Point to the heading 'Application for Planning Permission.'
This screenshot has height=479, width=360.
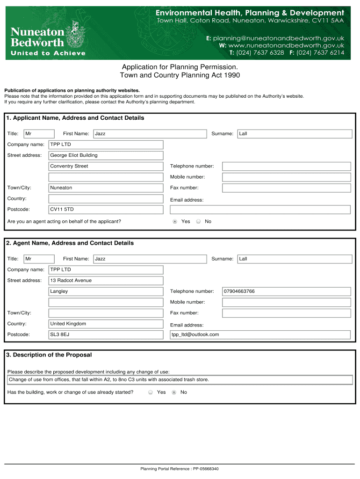pos(180,67)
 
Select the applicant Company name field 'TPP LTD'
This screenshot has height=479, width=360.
pos(106,145)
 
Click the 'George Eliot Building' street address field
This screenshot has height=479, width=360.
pos(106,155)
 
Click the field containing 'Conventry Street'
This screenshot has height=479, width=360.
pos(106,166)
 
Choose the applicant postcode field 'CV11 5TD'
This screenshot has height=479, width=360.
pos(106,210)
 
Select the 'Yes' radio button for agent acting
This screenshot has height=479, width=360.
pos(175,221)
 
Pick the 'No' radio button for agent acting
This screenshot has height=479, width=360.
pos(198,221)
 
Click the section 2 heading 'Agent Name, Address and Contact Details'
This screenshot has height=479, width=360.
pos(70,243)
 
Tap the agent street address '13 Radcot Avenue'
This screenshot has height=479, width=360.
pos(106,281)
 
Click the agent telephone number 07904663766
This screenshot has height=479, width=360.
pos(286,291)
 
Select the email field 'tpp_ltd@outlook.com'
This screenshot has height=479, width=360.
pos(260,334)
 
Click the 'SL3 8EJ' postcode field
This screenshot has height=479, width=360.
pos(106,334)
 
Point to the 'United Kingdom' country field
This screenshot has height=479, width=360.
pos(106,324)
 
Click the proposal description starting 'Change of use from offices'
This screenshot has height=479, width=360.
pos(180,380)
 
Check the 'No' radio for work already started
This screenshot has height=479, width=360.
pos(174,392)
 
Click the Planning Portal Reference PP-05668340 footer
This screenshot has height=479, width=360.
pos(180,469)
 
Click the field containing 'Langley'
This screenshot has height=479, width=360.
pos(106,291)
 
